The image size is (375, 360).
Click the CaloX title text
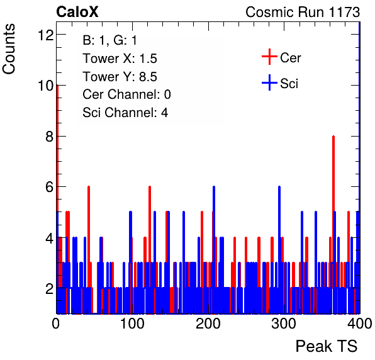pyautogui.click(x=77, y=12)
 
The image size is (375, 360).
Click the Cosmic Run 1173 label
pyautogui.click(x=303, y=12)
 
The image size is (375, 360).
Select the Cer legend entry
pyautogui.click(x=281, y=57)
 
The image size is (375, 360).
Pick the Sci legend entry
pyautogui.click(x=280, y=83)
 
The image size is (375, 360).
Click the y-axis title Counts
pyautogui.click(x=9, y=49)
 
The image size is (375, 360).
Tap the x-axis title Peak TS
pyautogui.click(x=327, y=346)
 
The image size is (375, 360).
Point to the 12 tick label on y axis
pyautogui.click(x=45, y=35)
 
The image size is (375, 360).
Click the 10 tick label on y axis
pyautogui.click(x=45, y=86)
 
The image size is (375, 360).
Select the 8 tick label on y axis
pyautogui.click(x=49, y=137)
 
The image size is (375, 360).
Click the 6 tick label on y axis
pyautogui.click(x=49, y=187)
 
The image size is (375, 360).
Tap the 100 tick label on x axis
pyautogui.click(x=132, y=324)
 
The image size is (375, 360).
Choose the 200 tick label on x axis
pyautogui.click(x=208, y=324)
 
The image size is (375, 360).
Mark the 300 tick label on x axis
pyautogui.click(x=284, y=324)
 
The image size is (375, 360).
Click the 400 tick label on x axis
pyautogui.click(x=360, y=324)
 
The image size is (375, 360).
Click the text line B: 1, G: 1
pyautogui.click(x=109, y=40)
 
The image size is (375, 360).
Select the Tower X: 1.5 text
pyautogui.click(x=120, y=59)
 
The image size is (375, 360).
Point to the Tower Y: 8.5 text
pyautogui.click(x=120, y=77)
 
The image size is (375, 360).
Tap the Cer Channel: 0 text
pyautogui.click(x=126, y=94)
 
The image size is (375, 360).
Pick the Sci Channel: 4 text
pyautogui.click(x=125, y=113)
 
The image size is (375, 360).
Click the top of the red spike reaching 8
pyautogui.click(x=333, y=137)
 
